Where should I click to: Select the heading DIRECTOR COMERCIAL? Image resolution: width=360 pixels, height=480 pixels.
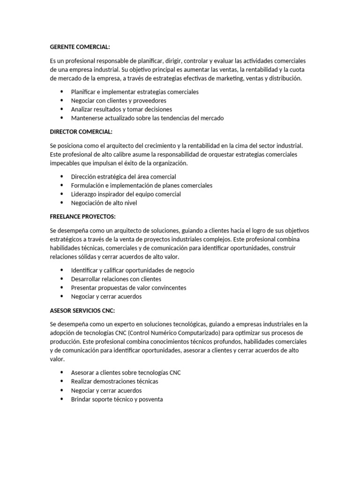point(81,132)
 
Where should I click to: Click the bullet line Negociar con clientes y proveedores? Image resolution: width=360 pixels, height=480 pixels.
point(119,101)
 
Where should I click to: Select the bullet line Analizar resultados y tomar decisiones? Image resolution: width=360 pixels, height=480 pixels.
point(121,109)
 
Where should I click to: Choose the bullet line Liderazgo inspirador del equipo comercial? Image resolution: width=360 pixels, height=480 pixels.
point(126,194)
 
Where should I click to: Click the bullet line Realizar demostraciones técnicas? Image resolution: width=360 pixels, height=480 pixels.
point(114,381)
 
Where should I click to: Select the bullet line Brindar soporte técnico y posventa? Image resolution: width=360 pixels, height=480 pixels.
point(117,399)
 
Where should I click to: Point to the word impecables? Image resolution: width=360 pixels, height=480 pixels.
point(67,163)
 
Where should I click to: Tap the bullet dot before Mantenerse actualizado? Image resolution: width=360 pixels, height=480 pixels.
point(62,118)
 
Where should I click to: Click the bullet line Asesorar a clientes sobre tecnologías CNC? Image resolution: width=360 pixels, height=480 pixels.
point(126,373)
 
